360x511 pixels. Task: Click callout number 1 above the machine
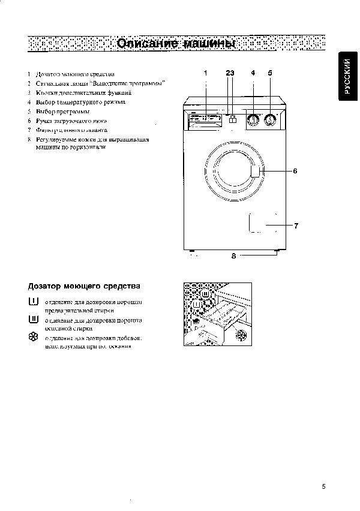coord(205,73)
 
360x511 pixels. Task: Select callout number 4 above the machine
coord(253,73)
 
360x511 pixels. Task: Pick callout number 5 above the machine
coord(270,73)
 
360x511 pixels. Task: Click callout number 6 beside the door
coord(295,171)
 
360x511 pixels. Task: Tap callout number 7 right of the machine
coord(296,226)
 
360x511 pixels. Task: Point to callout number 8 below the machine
coord(233,256)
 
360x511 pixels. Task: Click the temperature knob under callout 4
coord(254,120)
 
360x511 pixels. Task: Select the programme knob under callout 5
coord(271,120)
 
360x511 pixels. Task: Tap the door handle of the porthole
coord(256,172)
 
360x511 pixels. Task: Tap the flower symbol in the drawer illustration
coord(241,334)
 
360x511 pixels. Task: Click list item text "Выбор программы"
coord(63,112)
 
